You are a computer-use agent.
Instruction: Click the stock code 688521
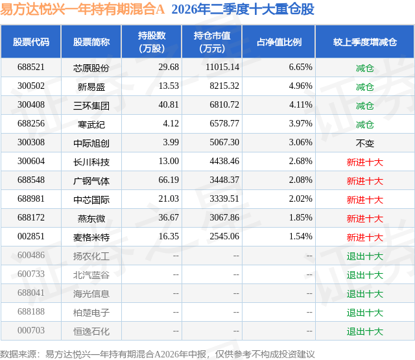tap(31, 67)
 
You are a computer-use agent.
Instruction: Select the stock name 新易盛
tap(91, 86)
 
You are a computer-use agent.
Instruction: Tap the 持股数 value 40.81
tap(169, 105)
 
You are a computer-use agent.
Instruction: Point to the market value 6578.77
tap(224, 124)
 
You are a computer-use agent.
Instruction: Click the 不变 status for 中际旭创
tap(364, 143)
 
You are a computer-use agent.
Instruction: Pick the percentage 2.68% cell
tap(300, 162)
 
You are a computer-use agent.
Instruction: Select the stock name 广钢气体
tap(91, 181)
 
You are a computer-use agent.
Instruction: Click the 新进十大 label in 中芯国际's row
tap(364, 200)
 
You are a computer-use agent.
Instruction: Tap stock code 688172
tap(31, 217)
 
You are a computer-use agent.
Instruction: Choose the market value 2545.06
tap(224, 236)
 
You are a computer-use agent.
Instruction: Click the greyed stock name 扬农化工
tap(91, 256)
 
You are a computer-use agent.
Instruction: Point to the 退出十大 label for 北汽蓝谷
tap(364, 275)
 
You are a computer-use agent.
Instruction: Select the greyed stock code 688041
tap(31, 293)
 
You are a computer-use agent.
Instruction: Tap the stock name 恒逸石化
tap(91, 331)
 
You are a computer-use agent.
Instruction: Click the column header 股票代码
tap(31, 42)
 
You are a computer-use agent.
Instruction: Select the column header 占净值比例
tap(279, 42)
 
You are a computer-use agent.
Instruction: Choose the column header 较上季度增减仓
tap(364, 42)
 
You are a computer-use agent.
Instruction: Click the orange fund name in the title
tap(82, 9)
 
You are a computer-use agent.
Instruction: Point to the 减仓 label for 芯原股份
tap(364, 68)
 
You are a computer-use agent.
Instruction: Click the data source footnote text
tap(158, 354)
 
